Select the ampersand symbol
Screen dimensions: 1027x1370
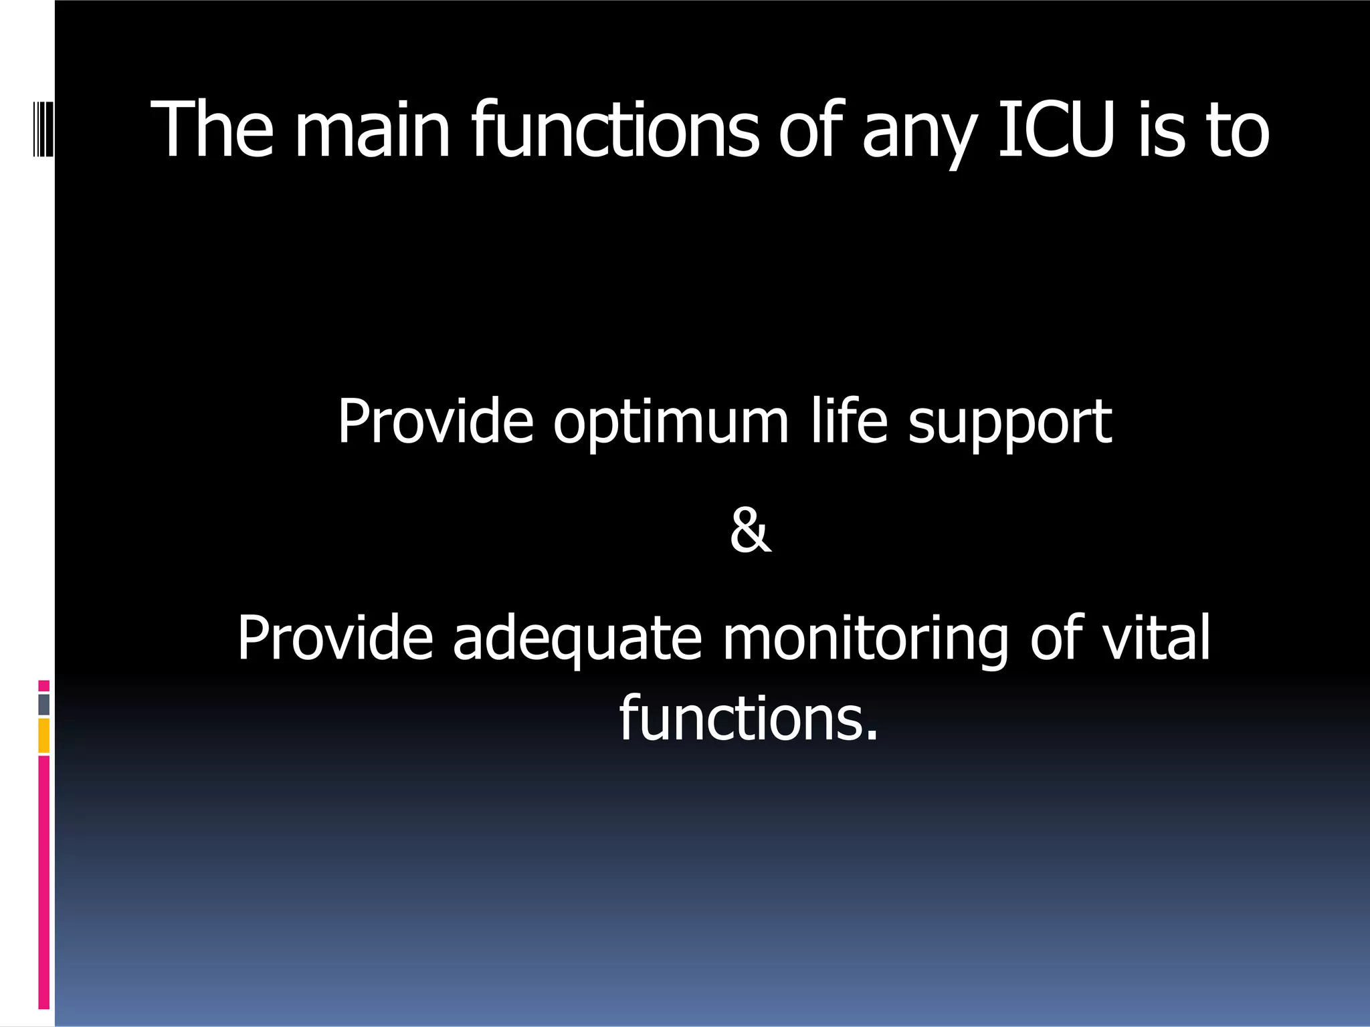pos(750,531)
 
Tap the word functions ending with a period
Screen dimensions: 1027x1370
pos(748,718)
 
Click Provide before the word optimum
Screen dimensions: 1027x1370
pos(435,421)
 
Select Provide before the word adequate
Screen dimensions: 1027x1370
pos(335,638)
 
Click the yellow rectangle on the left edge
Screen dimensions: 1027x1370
pos(44,735)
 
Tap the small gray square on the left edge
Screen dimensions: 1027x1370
pos(44,704)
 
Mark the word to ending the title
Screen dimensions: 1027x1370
pos(1238,130)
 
